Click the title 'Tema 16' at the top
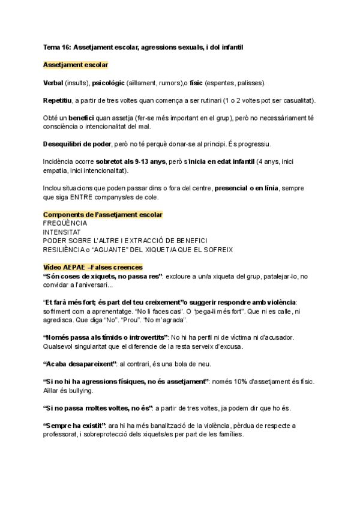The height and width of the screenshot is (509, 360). pos(57,46)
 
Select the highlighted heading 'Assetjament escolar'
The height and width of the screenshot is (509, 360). pos(75,64)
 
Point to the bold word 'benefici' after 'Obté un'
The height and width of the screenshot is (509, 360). pos(85,118)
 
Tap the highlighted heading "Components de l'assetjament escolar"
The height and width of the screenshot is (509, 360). pos(103,214)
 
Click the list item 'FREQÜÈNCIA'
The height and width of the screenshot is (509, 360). pos(65,223)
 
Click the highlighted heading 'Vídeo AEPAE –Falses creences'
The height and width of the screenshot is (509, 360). pos(93,267)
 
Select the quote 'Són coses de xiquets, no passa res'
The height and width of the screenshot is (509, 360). pos(103,276)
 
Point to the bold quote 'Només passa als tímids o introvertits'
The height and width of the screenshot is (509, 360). pos(105,337)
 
